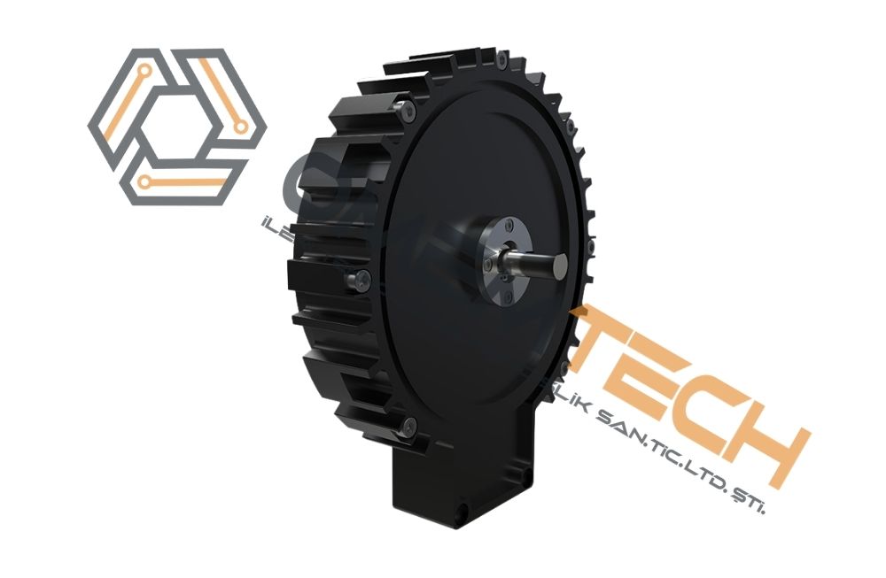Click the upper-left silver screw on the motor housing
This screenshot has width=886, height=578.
[x=407, y=112]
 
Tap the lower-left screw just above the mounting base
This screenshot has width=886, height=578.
[x=406, y=427]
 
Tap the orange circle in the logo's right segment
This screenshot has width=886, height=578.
[x=239, y=127]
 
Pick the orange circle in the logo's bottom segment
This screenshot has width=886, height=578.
[x=144, y=183]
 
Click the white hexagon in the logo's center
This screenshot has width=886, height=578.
[x=177, y=125]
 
